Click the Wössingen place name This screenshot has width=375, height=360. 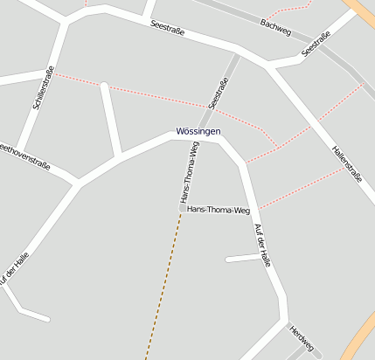[198, 131]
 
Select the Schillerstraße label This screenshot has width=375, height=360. [43, 87]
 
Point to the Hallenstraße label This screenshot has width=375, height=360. [347, 163]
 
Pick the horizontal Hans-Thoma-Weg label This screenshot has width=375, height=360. [219, 211]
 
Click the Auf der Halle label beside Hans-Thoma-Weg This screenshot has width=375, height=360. [264, 246]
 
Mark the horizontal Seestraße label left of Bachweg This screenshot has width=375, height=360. [166, 27]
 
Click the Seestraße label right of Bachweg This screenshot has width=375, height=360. [316, 45]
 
